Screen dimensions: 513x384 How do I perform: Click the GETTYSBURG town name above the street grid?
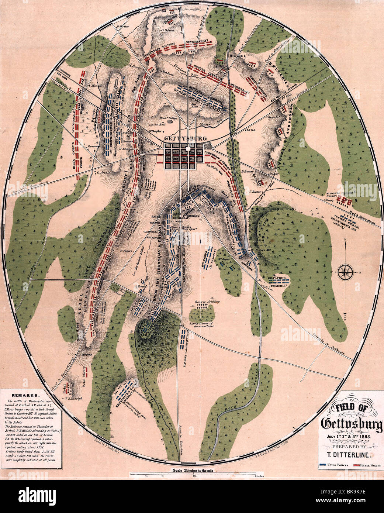point(188,139)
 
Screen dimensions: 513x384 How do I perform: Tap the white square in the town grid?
point(188,149)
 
